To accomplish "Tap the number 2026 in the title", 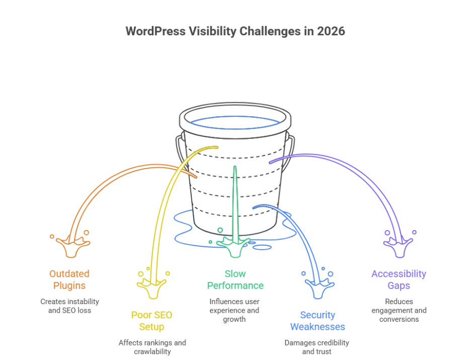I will pos(330,31).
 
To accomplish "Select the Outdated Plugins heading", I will pos(69,279).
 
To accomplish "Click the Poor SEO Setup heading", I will pos(151,321).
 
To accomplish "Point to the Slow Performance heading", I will pos(235,279).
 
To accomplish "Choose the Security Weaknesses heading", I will pos(318,321).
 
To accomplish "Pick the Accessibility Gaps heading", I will pos(399,279).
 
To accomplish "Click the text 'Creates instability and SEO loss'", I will pos(69,306).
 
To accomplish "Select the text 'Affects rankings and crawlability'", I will pos(152,347).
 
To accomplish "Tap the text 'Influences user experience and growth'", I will pos(235,310).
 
